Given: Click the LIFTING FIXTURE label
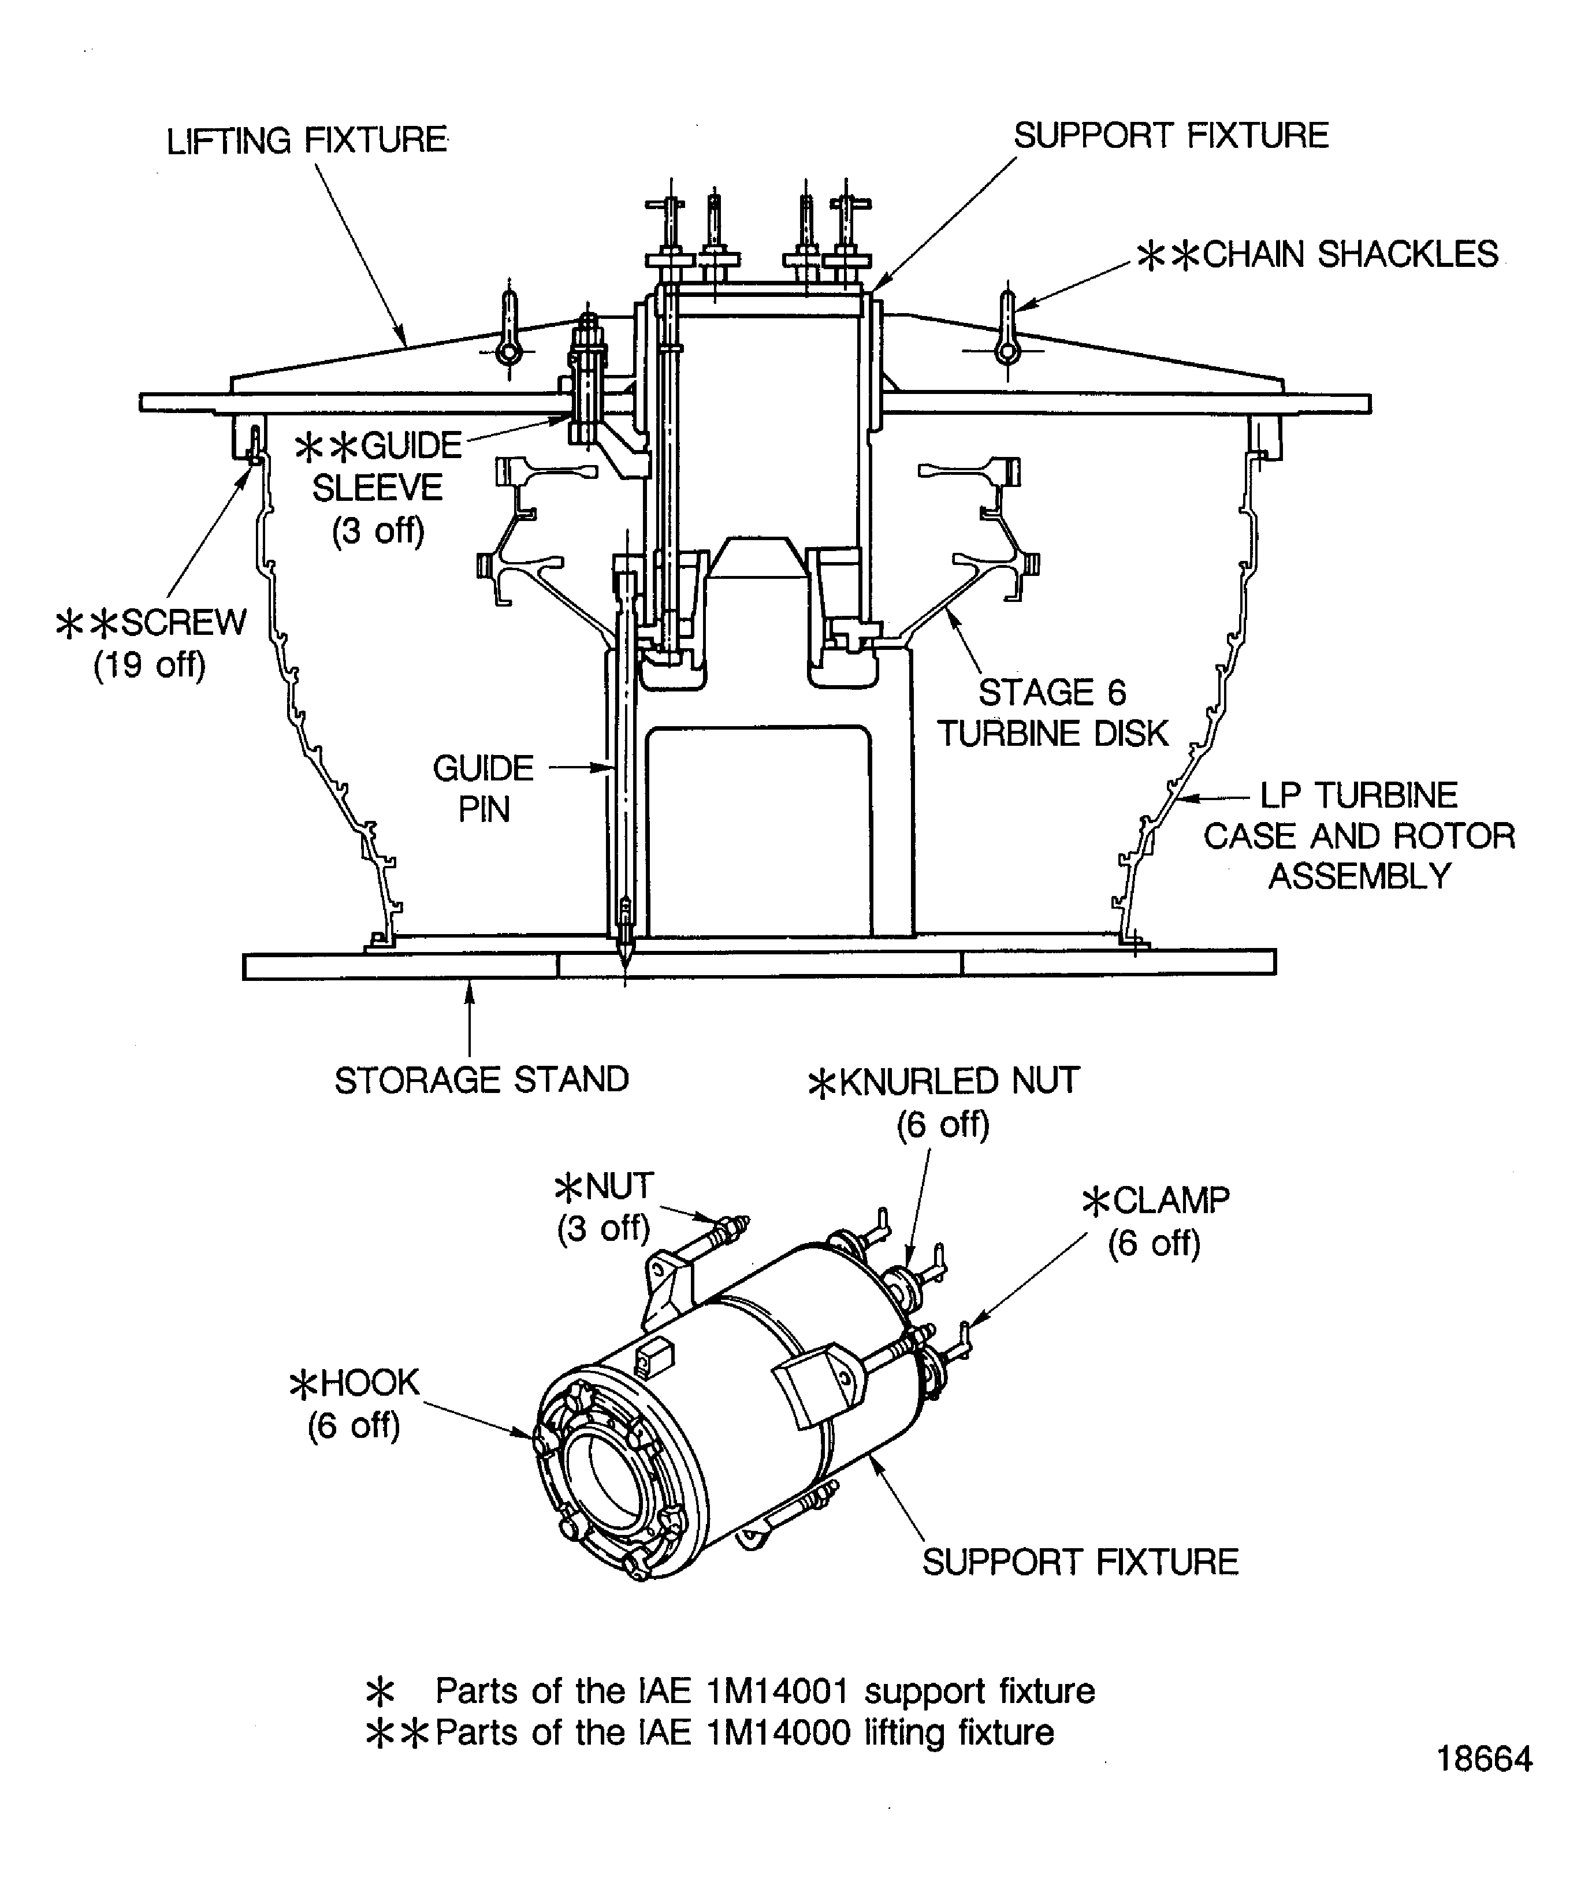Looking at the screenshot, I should coord(307,141).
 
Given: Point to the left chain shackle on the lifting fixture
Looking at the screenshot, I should coord(509,329).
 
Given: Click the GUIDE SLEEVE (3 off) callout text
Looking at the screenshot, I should coord(378,488).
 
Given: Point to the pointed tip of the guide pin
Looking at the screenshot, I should coord(624,958).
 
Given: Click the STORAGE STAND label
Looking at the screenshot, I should coord(481,1080).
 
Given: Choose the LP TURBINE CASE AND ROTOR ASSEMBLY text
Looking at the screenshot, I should coord(1358,836).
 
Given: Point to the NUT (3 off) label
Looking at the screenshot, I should coord(604,1206).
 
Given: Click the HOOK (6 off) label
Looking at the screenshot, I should coord(355,1403).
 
